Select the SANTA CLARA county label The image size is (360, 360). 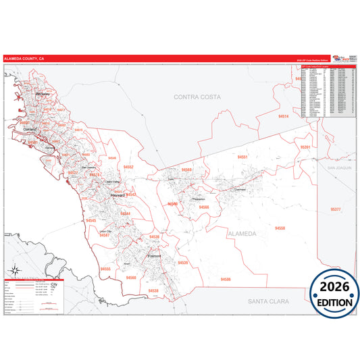tap(268, 301)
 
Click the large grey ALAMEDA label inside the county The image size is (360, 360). tap(242, 234)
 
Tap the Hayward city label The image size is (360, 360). tap(118, 196)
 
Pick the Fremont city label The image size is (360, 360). tap(154, 257)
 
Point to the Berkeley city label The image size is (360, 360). tap(44, 94)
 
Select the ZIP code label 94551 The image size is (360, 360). tap(242, 157)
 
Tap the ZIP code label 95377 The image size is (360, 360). tap(336, 210)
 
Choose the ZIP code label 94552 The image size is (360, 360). tap(128, 167)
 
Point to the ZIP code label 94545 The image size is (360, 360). tap(91, 220)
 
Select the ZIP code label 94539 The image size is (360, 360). tap(183, 262)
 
